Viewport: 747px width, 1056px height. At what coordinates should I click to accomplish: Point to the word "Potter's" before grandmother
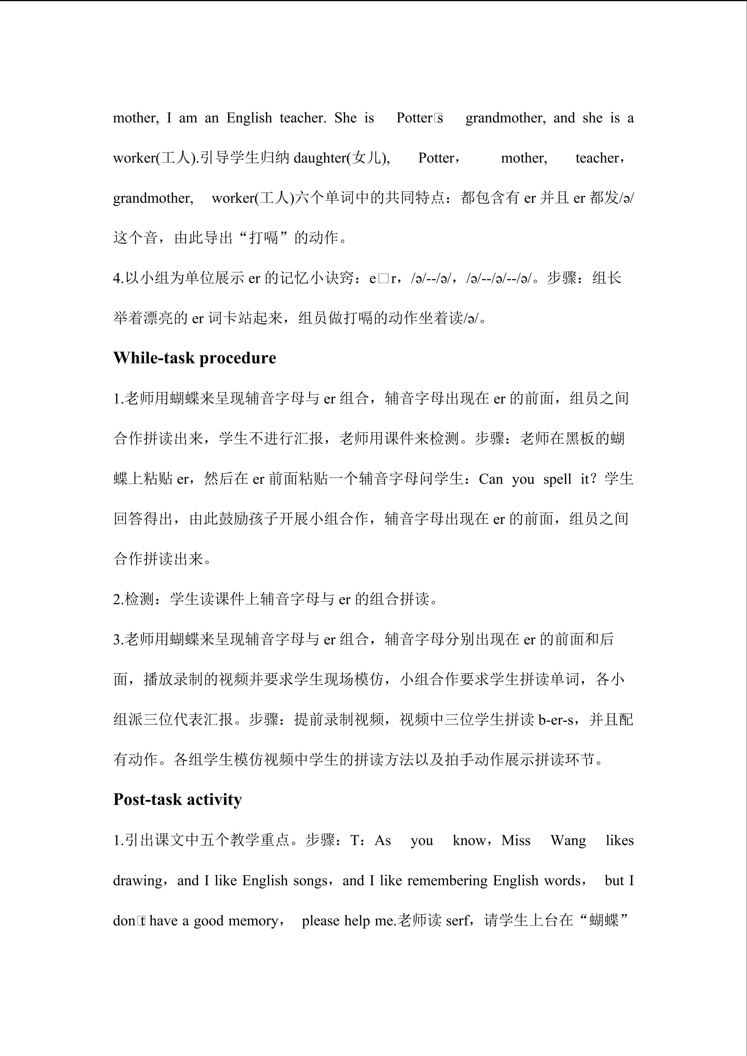coord(419,118)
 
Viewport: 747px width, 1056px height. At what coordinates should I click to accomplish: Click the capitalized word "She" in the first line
coord(345,118)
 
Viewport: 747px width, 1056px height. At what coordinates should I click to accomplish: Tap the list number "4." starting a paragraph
coord(118,278)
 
